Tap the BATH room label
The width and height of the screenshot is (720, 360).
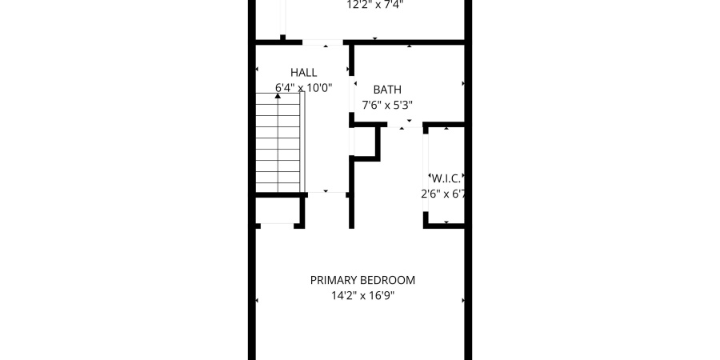(x=387, y=90)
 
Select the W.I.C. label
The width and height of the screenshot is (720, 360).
(x=446, y=178)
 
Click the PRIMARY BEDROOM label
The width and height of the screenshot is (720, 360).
(x=362, y=280)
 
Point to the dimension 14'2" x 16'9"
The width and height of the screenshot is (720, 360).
(x=362, y=295)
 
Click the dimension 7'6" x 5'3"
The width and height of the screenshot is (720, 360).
(x=387, y=105)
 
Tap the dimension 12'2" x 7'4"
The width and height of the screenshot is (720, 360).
(x=374, y=5)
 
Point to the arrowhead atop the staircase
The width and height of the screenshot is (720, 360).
(x=278, y=96)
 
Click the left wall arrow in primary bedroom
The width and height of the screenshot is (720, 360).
(x=257, y=301)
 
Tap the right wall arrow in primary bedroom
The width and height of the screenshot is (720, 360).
(x=463, y=301)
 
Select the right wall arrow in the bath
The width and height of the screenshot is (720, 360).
(x=463, y=83)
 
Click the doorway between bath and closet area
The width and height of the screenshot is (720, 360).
(x=405, y=124)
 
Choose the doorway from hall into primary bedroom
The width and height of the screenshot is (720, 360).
(x=326, y=194)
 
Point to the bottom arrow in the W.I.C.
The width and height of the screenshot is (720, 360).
(x=446, y=222)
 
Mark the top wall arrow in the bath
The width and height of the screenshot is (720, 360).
(x=410, y=46)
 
